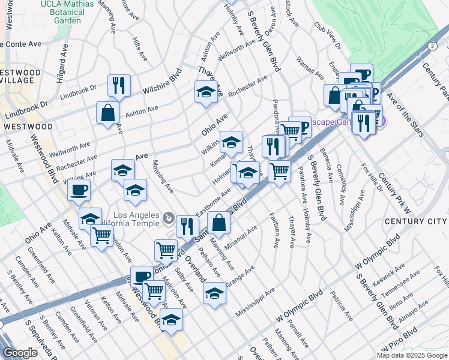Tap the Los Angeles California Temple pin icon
coord(170,216)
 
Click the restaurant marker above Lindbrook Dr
coord(119,85)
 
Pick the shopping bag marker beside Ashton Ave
coord(107,112)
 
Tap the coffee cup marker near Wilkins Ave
coord(79,190)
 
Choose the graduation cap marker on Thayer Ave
coord(206,92)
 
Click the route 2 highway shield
coord(432,46)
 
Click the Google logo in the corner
coord(20,353)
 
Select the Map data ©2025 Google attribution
coord(412,355)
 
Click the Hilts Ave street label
coord(140,47)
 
